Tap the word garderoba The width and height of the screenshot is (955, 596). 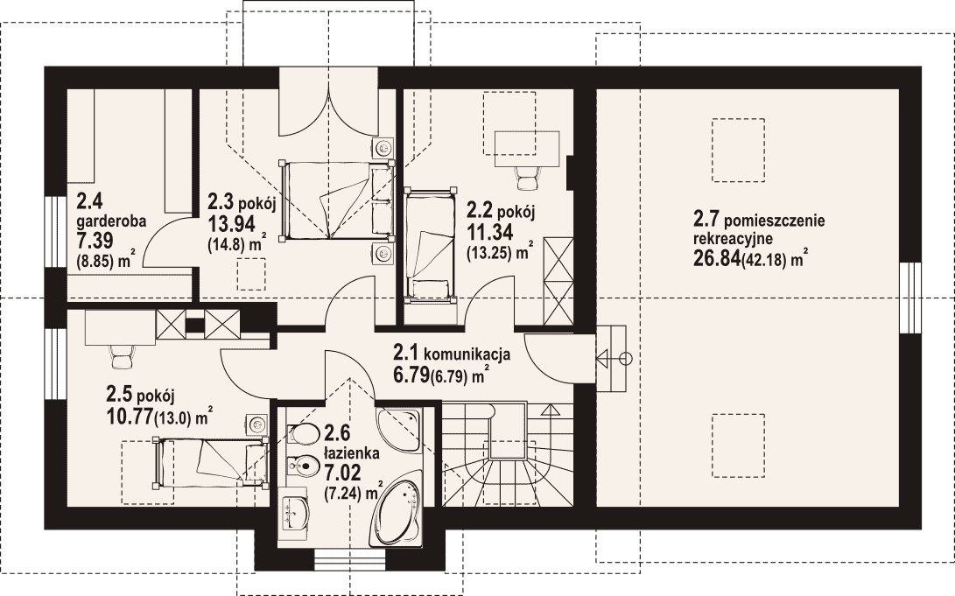click(111, 221)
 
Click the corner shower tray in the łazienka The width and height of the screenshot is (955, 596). click(397, 431)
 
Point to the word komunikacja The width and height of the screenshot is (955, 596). click(467, 354)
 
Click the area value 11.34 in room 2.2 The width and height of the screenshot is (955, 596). click(489, 231)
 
